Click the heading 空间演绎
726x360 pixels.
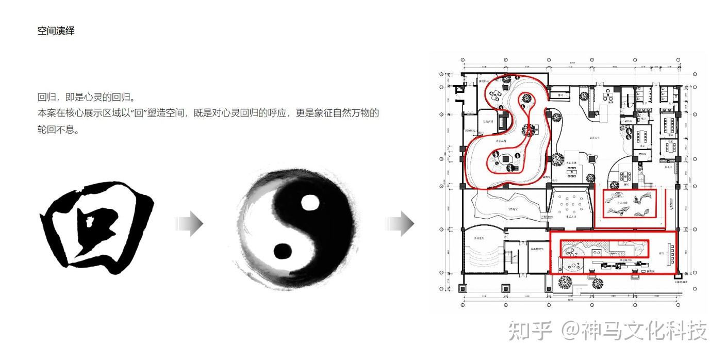56,31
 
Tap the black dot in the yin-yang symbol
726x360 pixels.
282,251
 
